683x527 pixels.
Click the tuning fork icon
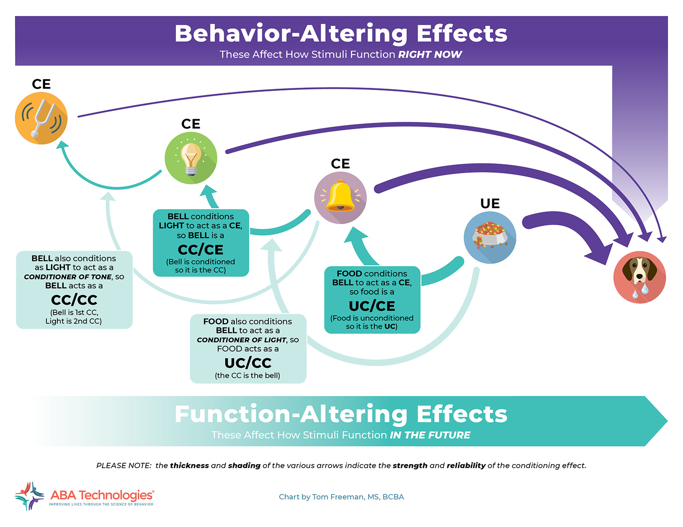click(41, 118)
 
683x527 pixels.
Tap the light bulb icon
click(191, 158)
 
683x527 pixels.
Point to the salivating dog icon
click(639, 277)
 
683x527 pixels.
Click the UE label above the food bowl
click(490, 204)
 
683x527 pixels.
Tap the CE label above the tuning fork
click(41, 84)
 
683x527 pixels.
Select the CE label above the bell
click(340, 164)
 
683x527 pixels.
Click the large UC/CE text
click(372, 306)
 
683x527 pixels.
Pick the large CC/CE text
click(200, 250)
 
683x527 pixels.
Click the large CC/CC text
click(74, 300)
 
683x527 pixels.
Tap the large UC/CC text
click(248, 363)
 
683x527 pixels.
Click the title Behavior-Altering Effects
click(341, 34)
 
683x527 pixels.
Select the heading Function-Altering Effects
click(341, 414)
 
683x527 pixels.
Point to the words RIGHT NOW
click(430, 55)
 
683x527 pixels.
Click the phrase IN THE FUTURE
click(430, 435)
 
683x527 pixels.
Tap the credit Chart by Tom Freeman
click(341, 497)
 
